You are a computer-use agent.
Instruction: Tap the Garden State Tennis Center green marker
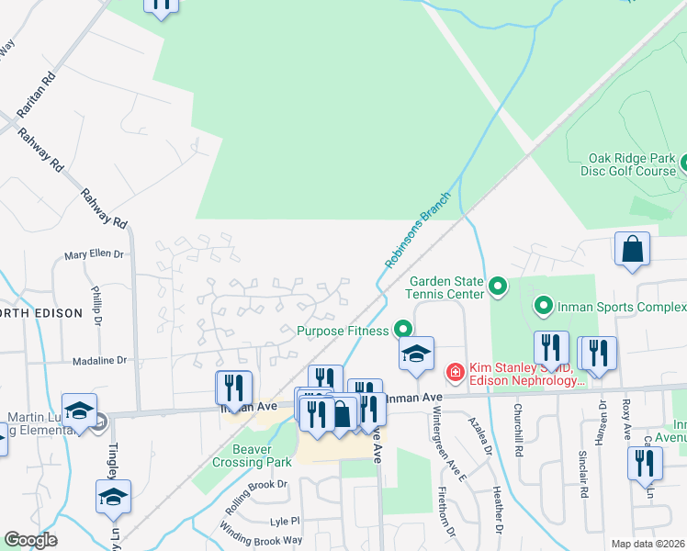click(498, 288)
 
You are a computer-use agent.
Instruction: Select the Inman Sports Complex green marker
click(543, 305)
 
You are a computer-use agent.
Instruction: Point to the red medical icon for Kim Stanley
click(454, 372)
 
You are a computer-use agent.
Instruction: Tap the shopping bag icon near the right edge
click(633, 249)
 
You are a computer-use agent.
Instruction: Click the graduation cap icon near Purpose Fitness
click(416, 354)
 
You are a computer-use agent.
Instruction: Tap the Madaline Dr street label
click(96, 361)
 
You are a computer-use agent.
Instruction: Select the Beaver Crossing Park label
click(249, 455)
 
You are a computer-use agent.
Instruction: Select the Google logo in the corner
click(30, 540)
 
